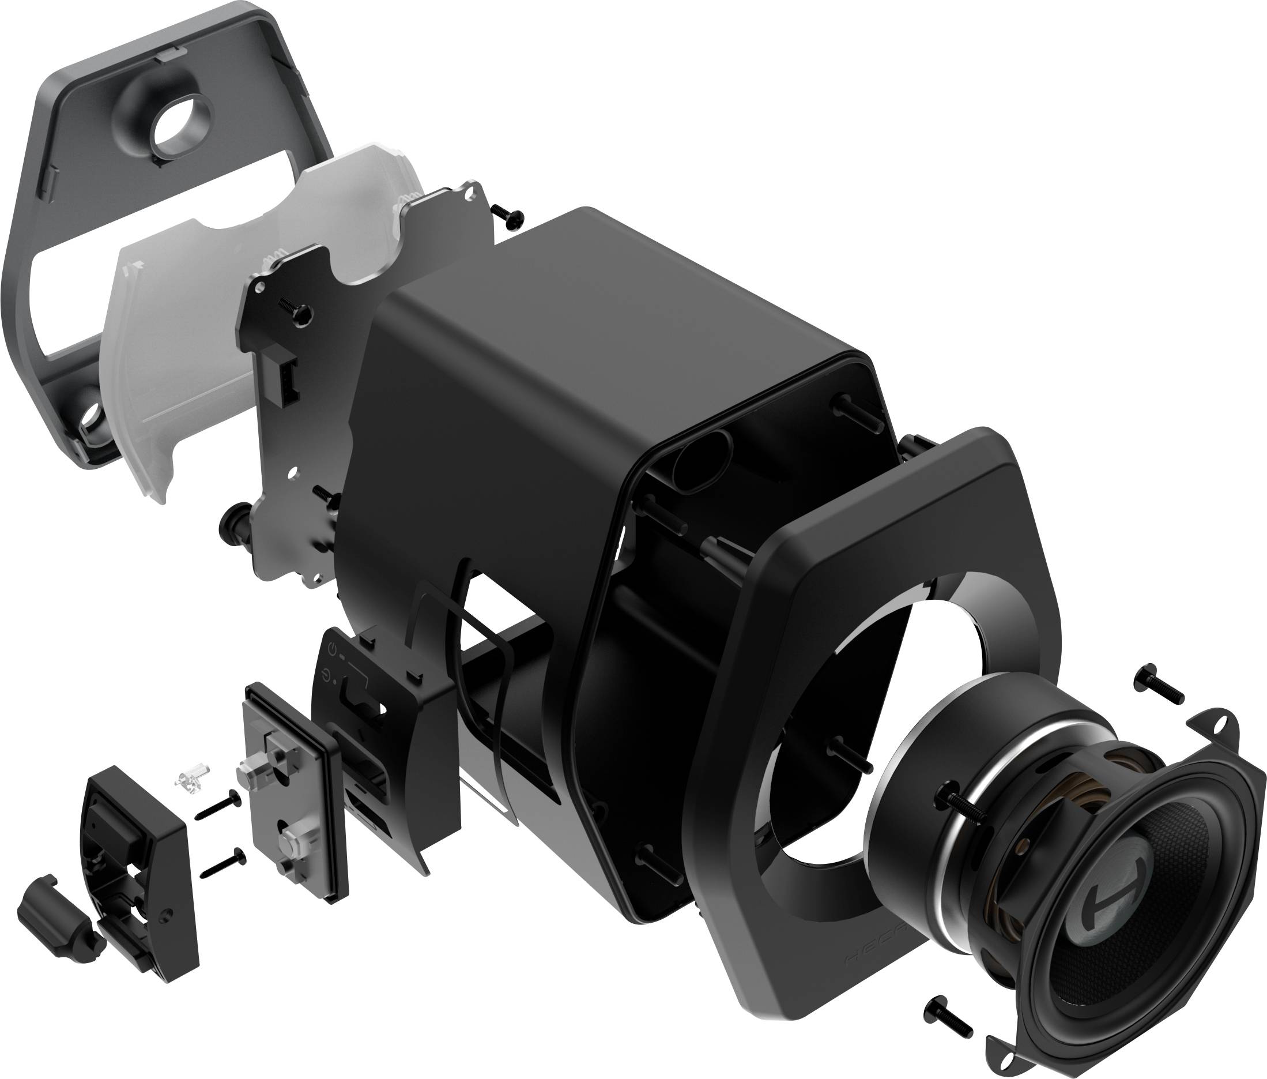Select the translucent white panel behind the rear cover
click(x=202, y=343)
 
